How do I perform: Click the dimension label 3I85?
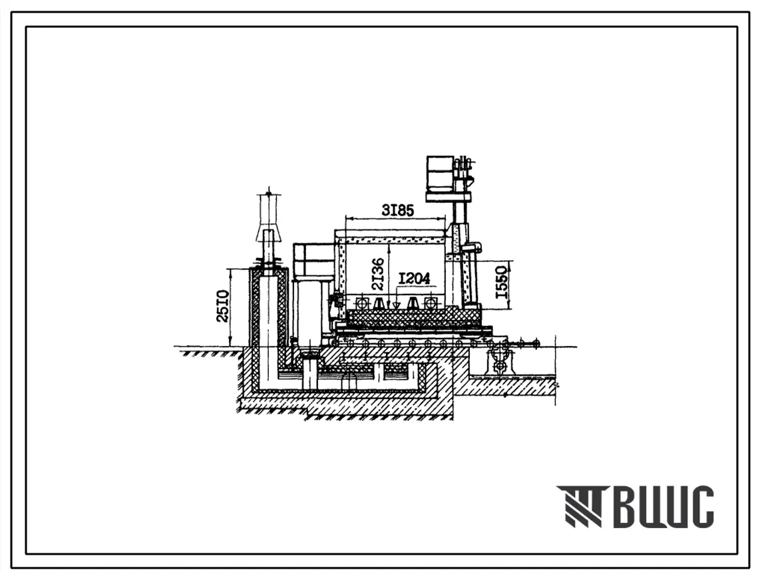click(398, 210)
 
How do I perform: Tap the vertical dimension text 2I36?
click(379, 273)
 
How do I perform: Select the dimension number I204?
click(414, 278)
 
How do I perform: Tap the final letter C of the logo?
click(699, 506)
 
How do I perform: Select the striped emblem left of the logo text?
click(582, 506)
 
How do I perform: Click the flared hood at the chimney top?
click(268, 233)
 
